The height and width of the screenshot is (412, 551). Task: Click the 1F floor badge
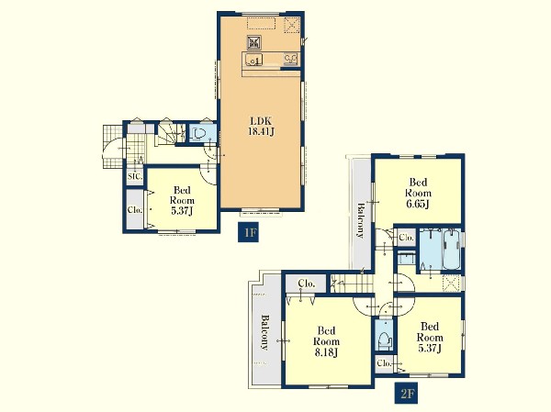pyautogui.click(x=249, y=232)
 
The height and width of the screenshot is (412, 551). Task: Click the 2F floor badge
pyautogui.click(x=407, y=394)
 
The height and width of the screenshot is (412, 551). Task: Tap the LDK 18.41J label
pyautogui.click(x=261, y=127)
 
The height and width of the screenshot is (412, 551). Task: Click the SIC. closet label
pyautogui.click(x=135, y=176)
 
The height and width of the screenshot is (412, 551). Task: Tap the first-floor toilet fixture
pyautogui.click(x=199, y=134)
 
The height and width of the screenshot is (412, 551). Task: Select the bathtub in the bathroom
pyautogui.click(x=452, y=250)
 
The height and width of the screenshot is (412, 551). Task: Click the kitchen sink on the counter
pyautogui.click(x=253, y=60)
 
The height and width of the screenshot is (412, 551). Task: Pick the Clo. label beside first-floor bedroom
pyautogui.click(x=135, y=210)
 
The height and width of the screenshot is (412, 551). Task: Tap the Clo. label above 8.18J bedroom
pyautogui.click(x=307, y=284)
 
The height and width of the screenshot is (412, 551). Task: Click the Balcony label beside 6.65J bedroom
pyautogui.click(x=360, y=220)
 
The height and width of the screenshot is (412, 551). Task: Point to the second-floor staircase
pyautogui.click(x=352, y=284)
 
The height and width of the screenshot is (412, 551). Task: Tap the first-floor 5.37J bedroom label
pyautogui.click(x=182, y=201)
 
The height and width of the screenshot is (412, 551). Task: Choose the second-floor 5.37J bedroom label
pyautogui.click(x=430, y=337)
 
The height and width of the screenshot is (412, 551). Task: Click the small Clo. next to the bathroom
pyautogui.click(x=406, y=238)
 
